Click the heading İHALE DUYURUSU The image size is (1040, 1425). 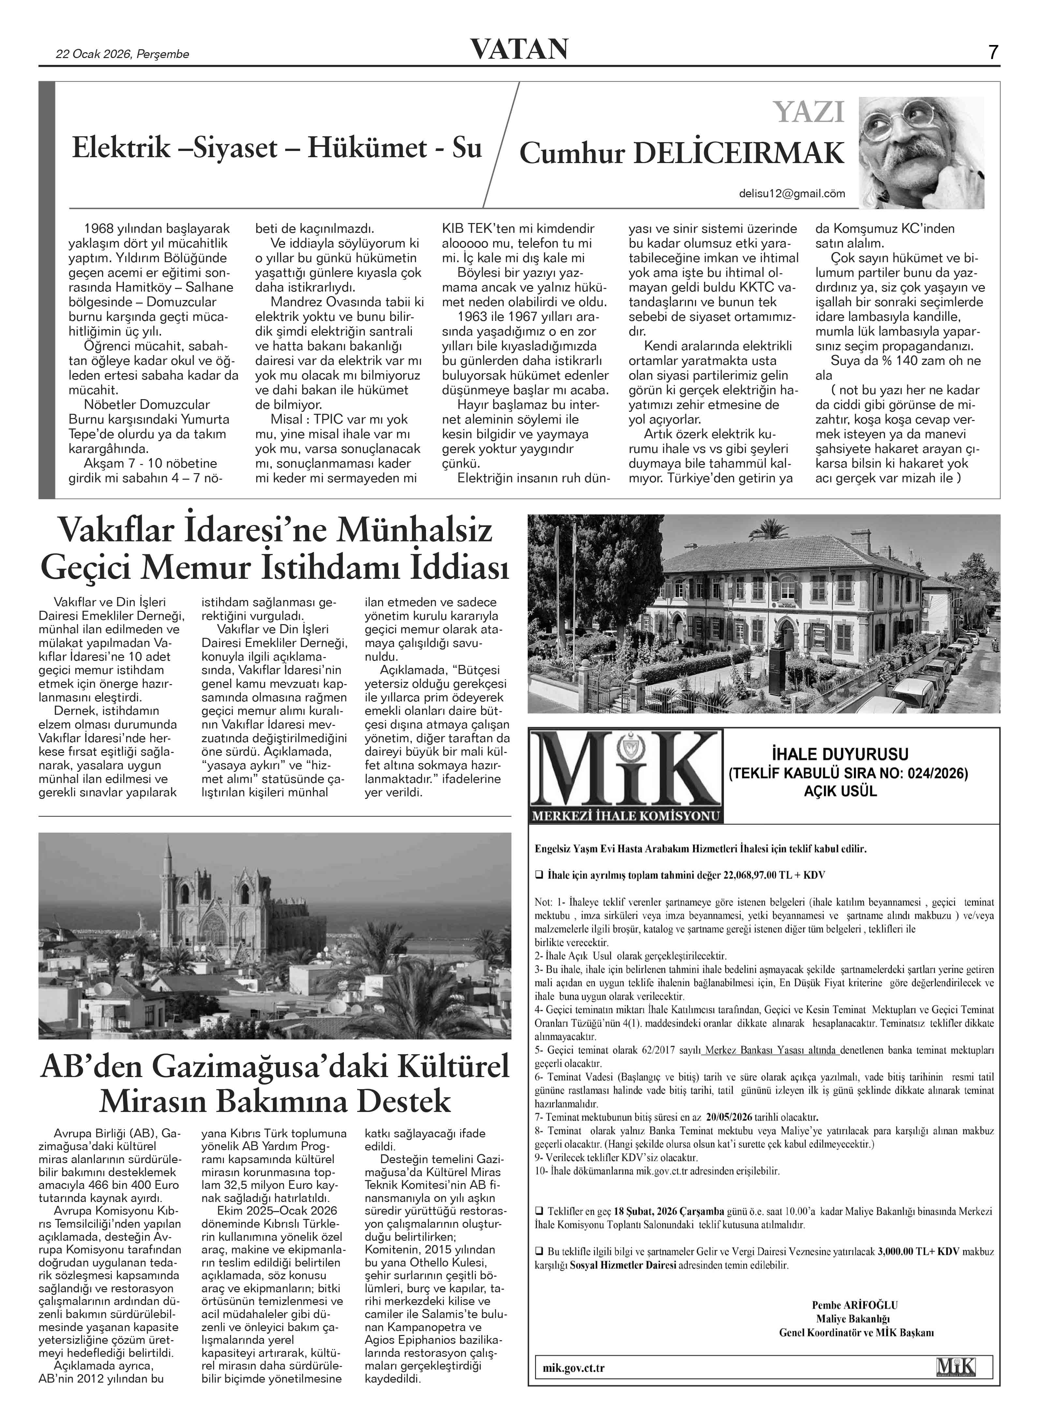[x=840, y=754]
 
